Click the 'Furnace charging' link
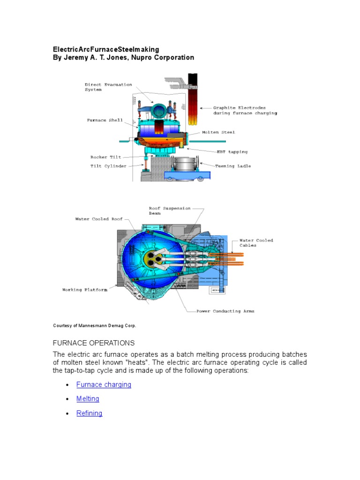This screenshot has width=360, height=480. pos(104,385)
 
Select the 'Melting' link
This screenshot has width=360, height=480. pos(88,399)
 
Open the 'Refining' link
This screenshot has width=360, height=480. pos(89,413)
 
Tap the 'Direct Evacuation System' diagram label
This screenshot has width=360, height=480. pos(108,87)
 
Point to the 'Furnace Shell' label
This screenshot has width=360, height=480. pos(105,120)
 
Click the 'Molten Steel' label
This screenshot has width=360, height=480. pos(218,132)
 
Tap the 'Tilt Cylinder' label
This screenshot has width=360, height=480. pos(108,166)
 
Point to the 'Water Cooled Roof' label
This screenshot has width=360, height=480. pos(98,219)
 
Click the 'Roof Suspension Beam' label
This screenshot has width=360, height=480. pos(170,210)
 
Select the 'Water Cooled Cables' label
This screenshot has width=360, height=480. pos(256,243)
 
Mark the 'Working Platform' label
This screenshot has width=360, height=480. pos(84,290)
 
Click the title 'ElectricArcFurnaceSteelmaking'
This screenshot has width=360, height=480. pos(106,49)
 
